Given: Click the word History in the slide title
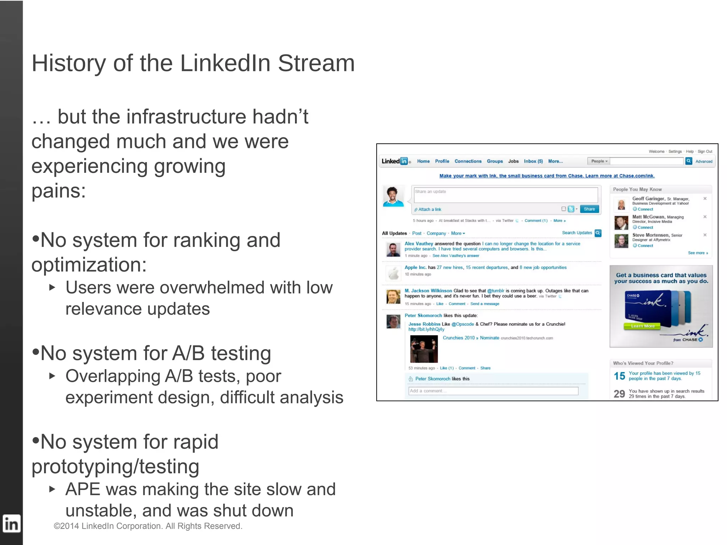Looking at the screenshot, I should (x=69, y=64).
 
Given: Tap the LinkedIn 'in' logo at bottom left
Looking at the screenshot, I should (x=11, y=524).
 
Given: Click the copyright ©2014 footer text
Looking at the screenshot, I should (x=148, y=526).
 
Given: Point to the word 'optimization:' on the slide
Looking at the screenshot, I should (x=89, y=265).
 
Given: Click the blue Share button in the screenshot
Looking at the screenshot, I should (x=589, y=209).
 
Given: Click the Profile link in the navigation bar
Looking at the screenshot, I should (x=442, y=161).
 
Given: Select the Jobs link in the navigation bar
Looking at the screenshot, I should (x=513, y=161).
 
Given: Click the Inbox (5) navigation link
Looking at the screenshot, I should (x=533, y=161).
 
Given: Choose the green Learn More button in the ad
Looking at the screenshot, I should (x=642, y=326).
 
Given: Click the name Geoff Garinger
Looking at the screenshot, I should (x=648, y=199).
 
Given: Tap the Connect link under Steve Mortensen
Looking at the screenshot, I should (x=645, y=246).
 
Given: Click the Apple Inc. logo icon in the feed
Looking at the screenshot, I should (x=393, y=273).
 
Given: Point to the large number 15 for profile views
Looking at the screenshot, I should (x=619, y=376).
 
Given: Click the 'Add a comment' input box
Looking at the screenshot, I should (x=493, y=391).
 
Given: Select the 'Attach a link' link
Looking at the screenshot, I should (x=429, y=209).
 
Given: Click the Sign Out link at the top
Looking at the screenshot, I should (x=705, y=152).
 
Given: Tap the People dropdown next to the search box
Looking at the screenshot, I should (x=599, y=161).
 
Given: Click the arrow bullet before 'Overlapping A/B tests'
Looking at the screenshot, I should (x=52, y=376).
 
